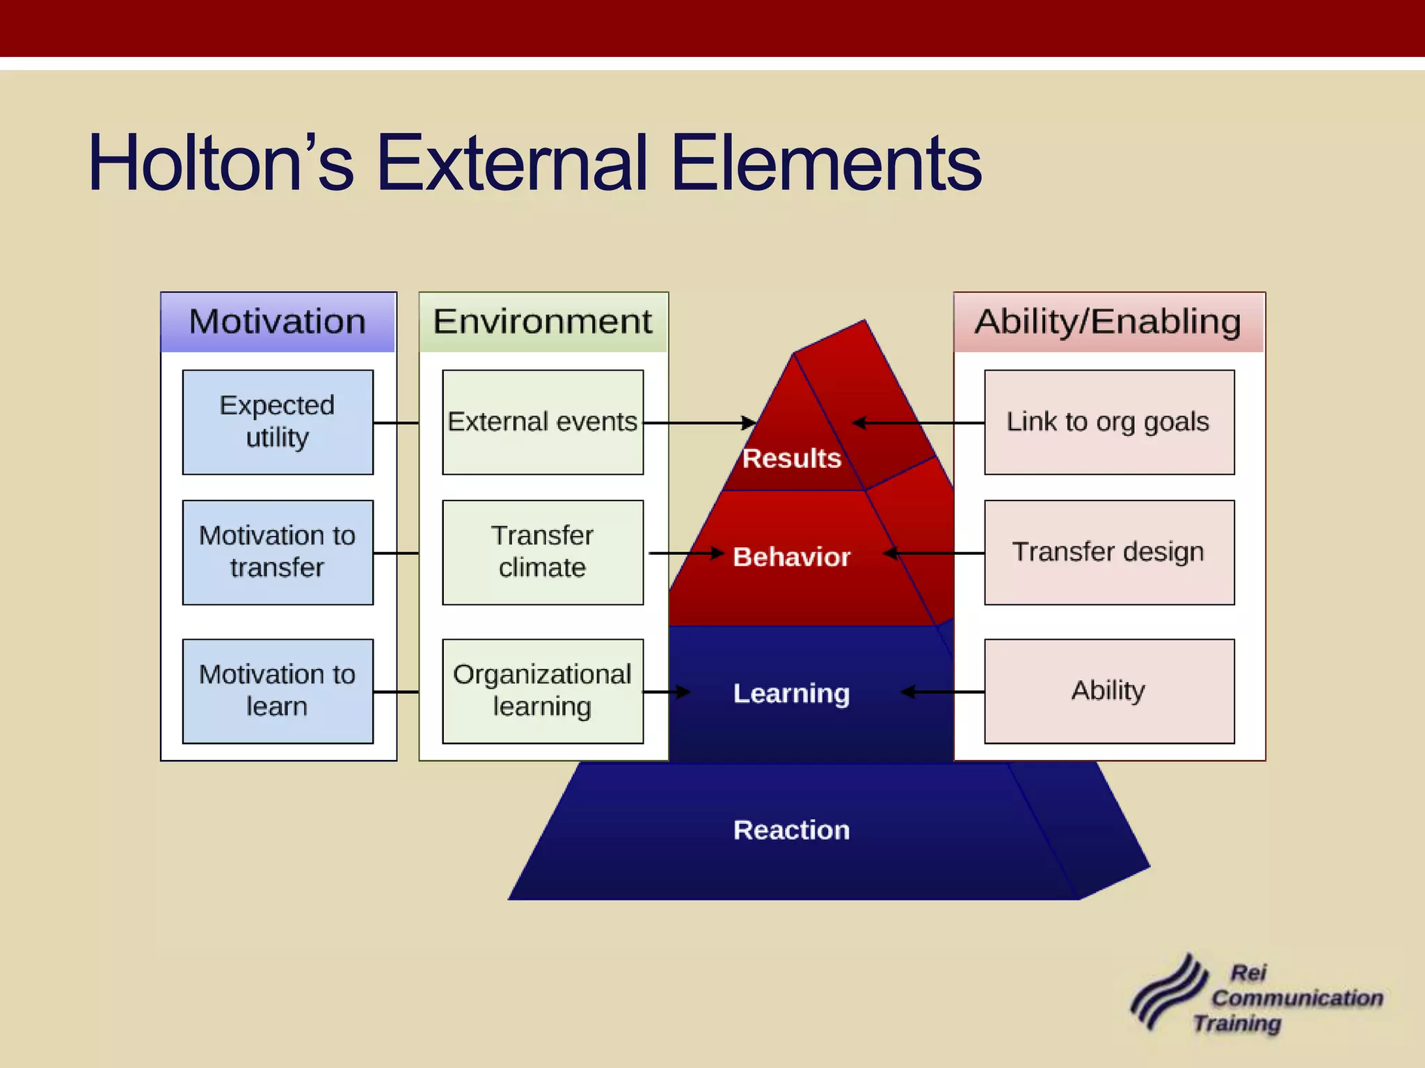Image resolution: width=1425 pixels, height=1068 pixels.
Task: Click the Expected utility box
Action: [x=278, y=422]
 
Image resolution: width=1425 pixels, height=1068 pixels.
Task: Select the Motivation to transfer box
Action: [x=278, y=552]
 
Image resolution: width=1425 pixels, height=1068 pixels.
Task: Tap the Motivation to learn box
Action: [x=278, y=691]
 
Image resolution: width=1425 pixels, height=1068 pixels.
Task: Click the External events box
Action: [x=543, y=422]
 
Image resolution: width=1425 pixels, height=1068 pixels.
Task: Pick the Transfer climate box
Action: [x=543, y=552]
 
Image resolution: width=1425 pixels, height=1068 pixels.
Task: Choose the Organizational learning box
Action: [x=543, y=691]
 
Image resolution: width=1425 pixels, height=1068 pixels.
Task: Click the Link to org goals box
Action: [x=1109, y=422]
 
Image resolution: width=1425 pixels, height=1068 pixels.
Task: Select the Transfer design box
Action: [x=1109, y=552]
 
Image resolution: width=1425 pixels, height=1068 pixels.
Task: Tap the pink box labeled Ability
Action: [x=1109, y=691]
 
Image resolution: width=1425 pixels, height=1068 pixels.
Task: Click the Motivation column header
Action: [x=278, y=322]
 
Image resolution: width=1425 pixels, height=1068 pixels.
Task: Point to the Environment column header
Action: [x=543, y=322]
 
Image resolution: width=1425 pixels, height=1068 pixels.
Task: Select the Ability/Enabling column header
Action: [x=1108, y=322]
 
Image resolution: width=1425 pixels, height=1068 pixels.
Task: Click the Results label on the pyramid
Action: [x=792, y=459]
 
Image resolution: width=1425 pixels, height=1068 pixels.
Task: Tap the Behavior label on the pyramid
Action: [x=792, y=557]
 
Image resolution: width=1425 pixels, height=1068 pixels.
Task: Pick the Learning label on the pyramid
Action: [x=792, y=693]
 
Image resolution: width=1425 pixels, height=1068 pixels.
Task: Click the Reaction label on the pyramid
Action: [x=792, y=830]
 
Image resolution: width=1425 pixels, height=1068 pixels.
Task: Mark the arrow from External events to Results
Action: [x=699, y=422]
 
